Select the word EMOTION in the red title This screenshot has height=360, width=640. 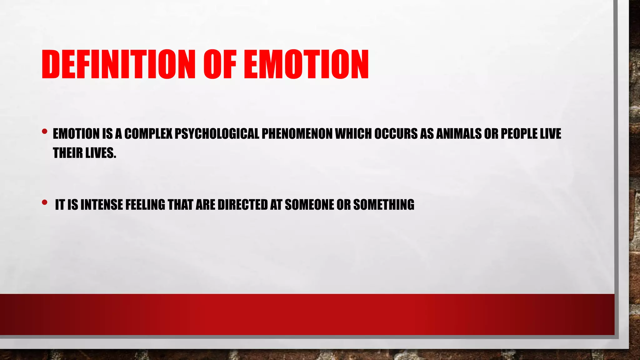306,64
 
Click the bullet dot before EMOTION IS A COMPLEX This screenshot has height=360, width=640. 45,132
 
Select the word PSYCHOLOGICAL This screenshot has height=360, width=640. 217,134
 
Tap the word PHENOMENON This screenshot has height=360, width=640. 297,134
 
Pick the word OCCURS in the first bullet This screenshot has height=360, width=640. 396,134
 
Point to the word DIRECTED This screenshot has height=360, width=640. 242,205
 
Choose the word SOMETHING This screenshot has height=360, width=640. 383,205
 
